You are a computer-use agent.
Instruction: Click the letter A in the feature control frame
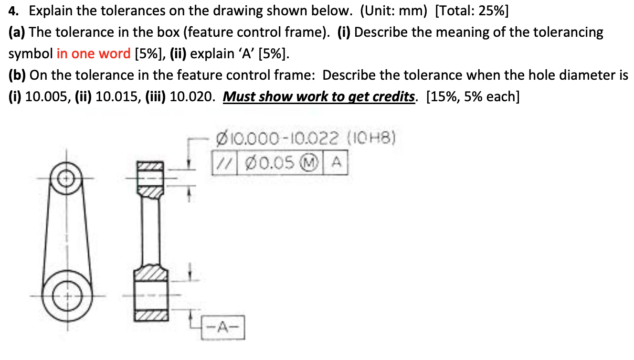point(336,163)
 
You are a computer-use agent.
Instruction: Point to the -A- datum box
point(223,327)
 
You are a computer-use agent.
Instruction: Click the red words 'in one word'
point(94,53)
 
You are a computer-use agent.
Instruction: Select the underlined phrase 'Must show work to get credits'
point(319,96)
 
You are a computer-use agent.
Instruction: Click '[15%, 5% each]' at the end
point(471,96)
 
